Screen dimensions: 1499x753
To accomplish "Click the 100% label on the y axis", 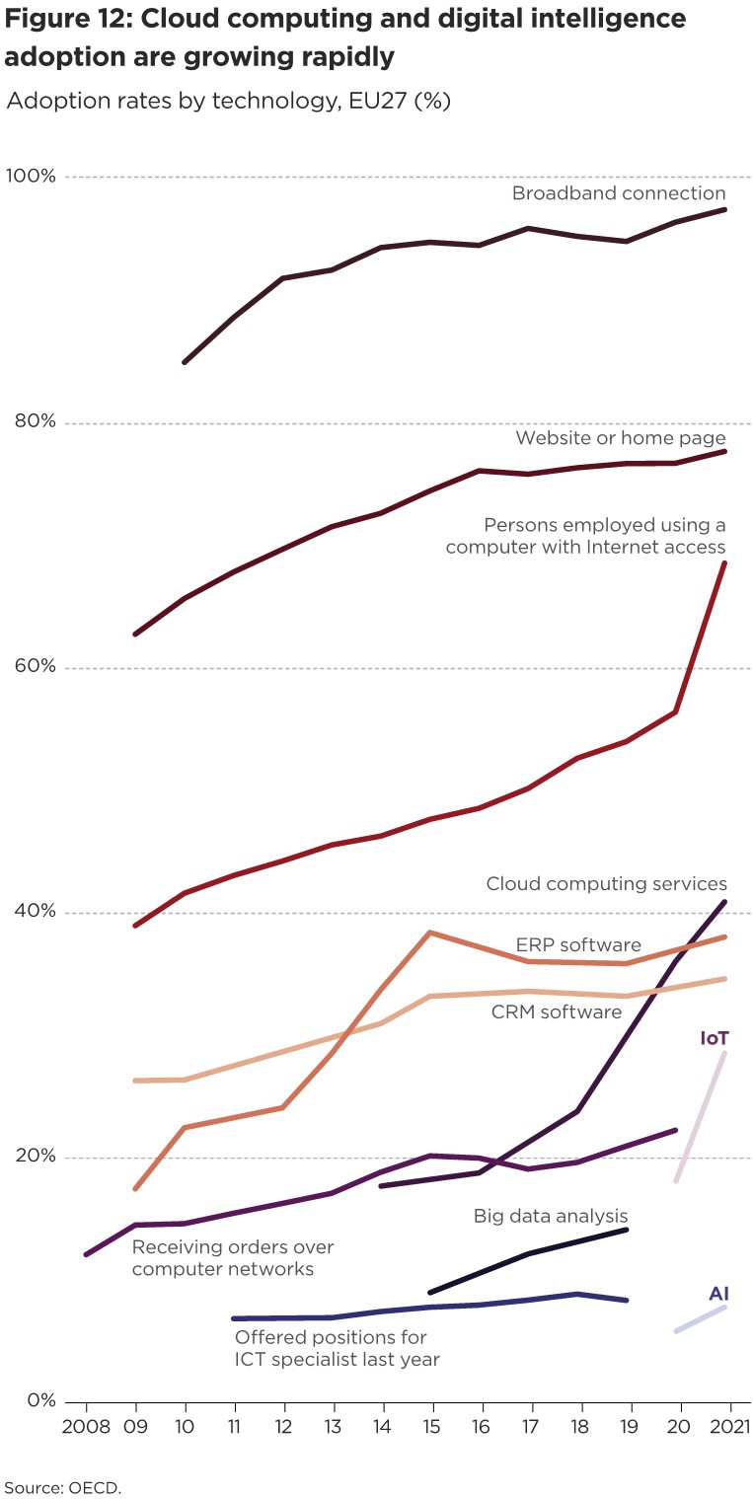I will [x=31, y=176].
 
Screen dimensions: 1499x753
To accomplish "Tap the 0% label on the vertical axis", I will [x=38, y=1400].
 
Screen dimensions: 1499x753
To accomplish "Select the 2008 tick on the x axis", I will [x=85, y=1427].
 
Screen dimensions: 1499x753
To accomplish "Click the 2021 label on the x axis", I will [x=728, y=1427].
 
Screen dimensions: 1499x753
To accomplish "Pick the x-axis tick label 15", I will [x=431, y=1427].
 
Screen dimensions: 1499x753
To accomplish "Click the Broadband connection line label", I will [x=618, y=193].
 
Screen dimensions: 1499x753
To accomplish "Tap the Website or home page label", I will [x=621, y=438].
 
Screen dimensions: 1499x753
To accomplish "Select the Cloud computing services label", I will [x=606, y=884].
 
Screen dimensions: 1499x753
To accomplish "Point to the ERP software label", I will [x=578, y=945].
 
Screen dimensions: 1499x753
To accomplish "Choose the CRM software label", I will [x=557, y=1012].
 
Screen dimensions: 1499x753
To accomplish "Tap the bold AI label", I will [x=718, y=1294].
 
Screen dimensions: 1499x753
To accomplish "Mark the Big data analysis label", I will [x=551, y=1216].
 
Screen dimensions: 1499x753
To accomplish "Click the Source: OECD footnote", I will [x=63, y=1486].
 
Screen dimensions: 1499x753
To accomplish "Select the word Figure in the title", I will [x=47, y=19].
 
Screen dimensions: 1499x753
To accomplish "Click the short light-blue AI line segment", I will [x=701, y=1319].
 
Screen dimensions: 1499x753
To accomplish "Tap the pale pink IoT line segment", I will [x=703, y=1115].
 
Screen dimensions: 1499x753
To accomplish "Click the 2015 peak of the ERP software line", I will [x=430, y=932].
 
